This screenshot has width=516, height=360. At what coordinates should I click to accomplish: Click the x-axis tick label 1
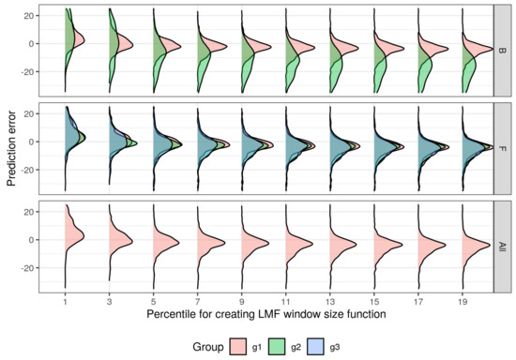[65, 302]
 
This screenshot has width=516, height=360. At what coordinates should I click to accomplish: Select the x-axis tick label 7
[198, 302]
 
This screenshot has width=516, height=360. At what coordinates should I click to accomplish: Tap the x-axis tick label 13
[330, 302]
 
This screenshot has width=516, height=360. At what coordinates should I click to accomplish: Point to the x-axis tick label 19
[463, 302]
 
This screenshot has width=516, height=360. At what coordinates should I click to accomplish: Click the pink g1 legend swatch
[238, 347]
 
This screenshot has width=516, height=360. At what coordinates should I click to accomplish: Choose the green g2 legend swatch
[277, 347]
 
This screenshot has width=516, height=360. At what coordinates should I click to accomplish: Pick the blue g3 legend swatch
[315, 347]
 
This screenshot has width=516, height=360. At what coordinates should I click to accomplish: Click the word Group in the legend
[208, 347]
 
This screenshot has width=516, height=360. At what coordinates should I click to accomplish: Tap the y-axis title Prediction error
[11, 149]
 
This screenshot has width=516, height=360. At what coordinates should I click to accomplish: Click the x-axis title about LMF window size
[266, 314]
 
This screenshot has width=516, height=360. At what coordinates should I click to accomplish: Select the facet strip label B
[501, 51]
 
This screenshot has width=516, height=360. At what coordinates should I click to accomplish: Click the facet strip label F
[501, 149]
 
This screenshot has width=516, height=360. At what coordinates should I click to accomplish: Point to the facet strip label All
[501, 247]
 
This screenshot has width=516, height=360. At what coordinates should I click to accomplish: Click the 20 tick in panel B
[31, 15]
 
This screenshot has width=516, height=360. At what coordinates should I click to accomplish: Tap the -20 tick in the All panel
[29, 268]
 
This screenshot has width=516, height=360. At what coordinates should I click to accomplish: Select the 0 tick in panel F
[34, 142]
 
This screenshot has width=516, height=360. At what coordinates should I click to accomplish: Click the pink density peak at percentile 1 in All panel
[83, 236]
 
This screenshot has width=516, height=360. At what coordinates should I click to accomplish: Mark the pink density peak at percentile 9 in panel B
[271, 47]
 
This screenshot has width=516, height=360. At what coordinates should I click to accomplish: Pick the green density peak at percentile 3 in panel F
[137, 143]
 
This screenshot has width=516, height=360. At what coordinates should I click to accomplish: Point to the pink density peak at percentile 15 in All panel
[402, 245]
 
